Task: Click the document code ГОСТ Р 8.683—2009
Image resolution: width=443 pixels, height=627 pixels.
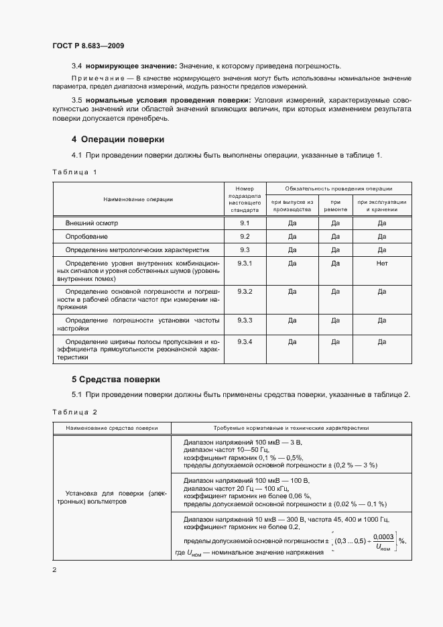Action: pyautogui.click(x=88, y=46)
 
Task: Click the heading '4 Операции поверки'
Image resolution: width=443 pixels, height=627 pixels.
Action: pyautogui.click(x=118, y=139)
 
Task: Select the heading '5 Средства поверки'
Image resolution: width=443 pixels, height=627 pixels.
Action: pyautogui.click(x=115, y=379)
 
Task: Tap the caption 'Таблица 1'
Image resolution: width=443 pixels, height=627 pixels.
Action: pyautogui.click(x=74, y=172)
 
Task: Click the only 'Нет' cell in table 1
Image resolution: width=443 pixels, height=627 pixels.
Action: pyautogui.click(x=382, y=264)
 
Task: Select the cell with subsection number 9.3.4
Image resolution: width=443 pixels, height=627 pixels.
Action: pyautogui.click(x=245, y=342)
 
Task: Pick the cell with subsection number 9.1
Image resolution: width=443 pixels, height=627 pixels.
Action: pyautogui.click(x=245, y=223)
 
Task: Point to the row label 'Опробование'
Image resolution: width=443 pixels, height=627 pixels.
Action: pyautogui.click(x=86, y=237)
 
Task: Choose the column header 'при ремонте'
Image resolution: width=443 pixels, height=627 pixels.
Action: pyautogui.click(x=335, y=205)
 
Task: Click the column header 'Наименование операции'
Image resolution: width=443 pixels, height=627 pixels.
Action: pyautogui.click(x=138, y=199)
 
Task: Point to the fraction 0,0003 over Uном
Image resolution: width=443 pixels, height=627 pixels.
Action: pyautogui.click(x=383, y=541)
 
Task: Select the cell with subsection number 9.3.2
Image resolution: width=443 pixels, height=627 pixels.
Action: pyautogui.click(x=245, y=292)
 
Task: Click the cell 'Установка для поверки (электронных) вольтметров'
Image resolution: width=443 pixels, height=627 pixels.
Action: pyautogui.click(x=112, y=497)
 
